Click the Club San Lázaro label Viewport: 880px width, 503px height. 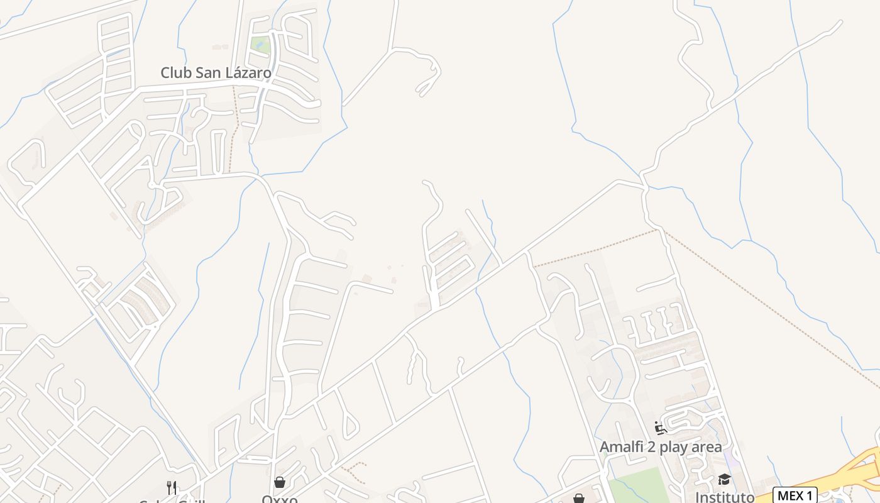(x=216, y=73)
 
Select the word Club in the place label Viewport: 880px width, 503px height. (x=175, y=73)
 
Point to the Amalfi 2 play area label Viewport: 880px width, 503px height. (x=661, y=447)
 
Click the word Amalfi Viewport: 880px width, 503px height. (x=623, y=447)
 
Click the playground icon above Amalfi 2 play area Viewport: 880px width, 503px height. (x=661, y=428)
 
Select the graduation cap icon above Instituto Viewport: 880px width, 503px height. (x=724, y=480)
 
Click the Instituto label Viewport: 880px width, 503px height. (x=725, y=497)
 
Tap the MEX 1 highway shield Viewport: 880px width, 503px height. (x=795, y=495)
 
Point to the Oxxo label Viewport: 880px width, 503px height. (x=279, y=499)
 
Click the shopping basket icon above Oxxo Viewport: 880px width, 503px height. (x=280, y=482)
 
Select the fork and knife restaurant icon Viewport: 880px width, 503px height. (x=171, y=487)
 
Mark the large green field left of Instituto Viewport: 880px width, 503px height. (x=638, y=487)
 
